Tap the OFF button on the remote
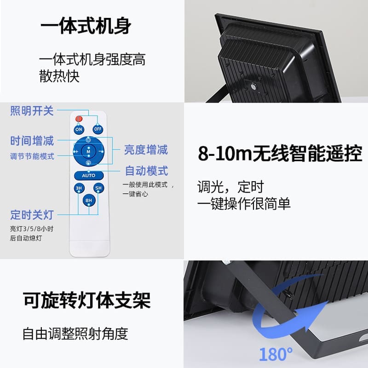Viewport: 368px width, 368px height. [98, 129]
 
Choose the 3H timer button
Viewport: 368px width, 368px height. [79, 188]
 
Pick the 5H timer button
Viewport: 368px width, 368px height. [98, 188]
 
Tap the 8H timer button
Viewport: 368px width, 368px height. [88, 201]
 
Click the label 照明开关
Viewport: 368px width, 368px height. [32, 111]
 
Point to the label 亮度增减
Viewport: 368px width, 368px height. [146, 149]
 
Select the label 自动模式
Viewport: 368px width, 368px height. [147, 171]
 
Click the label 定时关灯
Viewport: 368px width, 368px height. [32, 214]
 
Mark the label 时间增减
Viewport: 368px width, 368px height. [32, 141]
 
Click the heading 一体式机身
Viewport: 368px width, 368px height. [86, 26]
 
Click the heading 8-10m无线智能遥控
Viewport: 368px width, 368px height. [280, 154]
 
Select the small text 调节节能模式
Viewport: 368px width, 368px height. [32, 156]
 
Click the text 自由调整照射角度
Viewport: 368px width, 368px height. [75, 333]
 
